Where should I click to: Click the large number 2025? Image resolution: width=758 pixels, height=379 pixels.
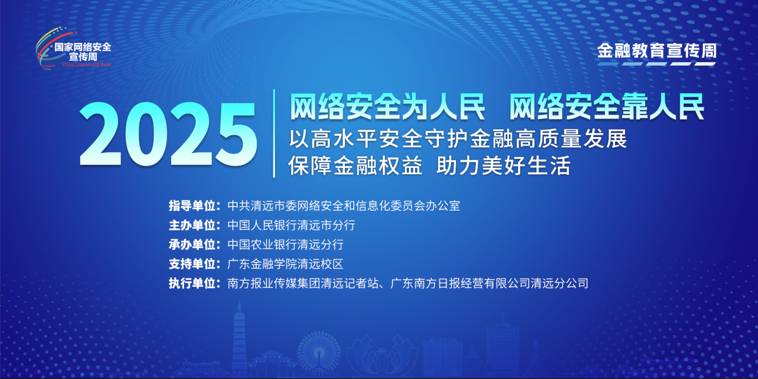[x=168, y=134]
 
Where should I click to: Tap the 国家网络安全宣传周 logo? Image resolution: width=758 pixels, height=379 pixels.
[x=74, y=49]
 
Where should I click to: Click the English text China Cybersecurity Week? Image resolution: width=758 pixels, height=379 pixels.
[x=86, y=64]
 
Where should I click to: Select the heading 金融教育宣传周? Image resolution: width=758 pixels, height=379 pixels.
[x=657, y=51]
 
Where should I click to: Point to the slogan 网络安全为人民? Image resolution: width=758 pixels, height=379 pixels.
[x=387, y=107]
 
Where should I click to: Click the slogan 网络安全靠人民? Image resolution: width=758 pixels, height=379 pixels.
[x=607, y=107]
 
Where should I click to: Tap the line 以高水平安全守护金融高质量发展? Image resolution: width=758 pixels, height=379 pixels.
[x=458, y=139]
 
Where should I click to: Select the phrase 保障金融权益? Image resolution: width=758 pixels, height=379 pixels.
[x=355, y=166]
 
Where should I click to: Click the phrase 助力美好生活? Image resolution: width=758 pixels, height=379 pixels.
[x=504, y=166]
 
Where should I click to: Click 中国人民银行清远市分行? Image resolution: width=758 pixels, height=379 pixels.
[x=291, y=225]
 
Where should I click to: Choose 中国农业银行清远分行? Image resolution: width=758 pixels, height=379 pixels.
[x=285, y=245]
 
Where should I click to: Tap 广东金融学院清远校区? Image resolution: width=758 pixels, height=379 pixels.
[x=285, y=264]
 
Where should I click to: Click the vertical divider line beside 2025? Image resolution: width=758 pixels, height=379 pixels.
[x=274, y=134]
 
